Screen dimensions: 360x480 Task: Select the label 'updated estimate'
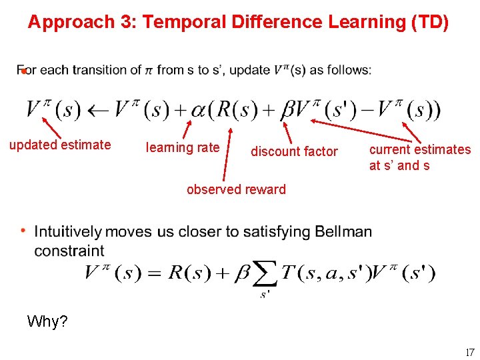click(x=60, y=145)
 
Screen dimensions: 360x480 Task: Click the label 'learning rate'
click(x=182, y=147)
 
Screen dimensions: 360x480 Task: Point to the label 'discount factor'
click(x=294, y=151)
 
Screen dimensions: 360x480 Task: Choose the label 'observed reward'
click(x=236, y=189)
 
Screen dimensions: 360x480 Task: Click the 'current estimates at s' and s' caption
click(x=420, y=157)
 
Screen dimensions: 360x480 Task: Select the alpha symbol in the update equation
click(x=198, y=111)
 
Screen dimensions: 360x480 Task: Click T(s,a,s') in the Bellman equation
click(x=323, y=273)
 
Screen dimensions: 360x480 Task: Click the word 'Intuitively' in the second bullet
click(x=68, y=232)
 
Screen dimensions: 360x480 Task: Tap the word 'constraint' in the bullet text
click(x=69, y=251)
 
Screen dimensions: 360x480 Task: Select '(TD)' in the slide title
click(x=430, y=22)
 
